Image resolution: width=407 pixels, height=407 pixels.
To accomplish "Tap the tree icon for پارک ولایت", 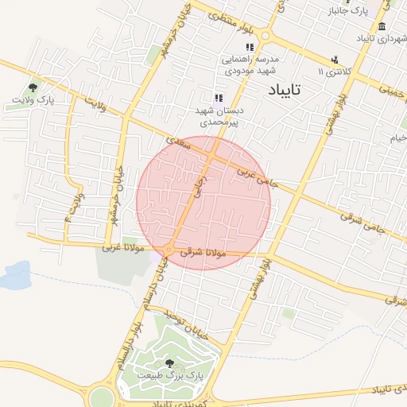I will pos(33,88).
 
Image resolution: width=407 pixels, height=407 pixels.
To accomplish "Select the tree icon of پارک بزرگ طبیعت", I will pos(169,363).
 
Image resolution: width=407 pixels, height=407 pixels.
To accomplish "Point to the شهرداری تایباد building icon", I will pos(382,26).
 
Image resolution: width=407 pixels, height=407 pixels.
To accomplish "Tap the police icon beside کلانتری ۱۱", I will pos(335,59).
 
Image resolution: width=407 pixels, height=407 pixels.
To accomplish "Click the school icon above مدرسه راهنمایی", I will pos(250,48).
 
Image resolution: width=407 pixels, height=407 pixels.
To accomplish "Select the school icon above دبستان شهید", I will pos(219,98).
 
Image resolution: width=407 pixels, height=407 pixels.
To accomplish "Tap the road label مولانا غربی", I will pos(123,248).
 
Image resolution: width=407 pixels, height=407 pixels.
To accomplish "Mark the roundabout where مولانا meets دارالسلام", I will pos(168,251).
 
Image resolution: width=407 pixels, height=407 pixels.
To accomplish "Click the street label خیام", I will pos(397,138).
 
